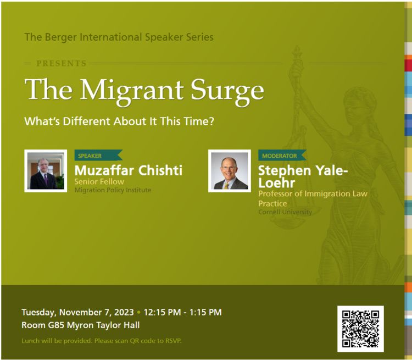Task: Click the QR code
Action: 360,329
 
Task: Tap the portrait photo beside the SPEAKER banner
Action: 46,171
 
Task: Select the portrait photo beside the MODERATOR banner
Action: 230,171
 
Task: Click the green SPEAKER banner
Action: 98,155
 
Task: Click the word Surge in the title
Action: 227,91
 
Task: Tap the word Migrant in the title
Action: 131,91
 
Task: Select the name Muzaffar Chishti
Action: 128,170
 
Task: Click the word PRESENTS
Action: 61,63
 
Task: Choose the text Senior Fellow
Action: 99,181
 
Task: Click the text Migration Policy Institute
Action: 113,190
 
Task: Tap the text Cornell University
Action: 285,212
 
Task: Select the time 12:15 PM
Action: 162,312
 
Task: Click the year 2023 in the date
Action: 124,312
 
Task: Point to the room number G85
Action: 56,325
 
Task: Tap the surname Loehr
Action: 276,183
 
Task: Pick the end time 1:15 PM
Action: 205,312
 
